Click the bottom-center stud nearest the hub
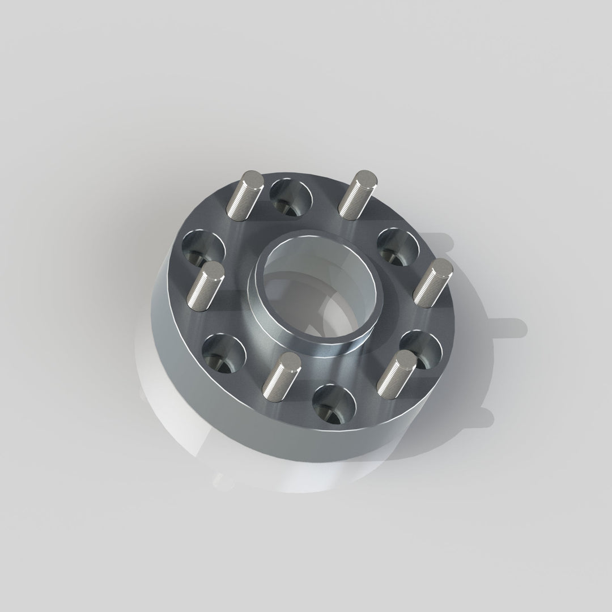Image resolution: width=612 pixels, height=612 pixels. point(281,376)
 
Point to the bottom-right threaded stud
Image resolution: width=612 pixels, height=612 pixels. point(396,373)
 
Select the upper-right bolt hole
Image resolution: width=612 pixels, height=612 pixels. point(398,246)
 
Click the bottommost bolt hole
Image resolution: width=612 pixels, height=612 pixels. point(334,404)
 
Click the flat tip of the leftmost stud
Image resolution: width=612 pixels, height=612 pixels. point(212,270)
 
